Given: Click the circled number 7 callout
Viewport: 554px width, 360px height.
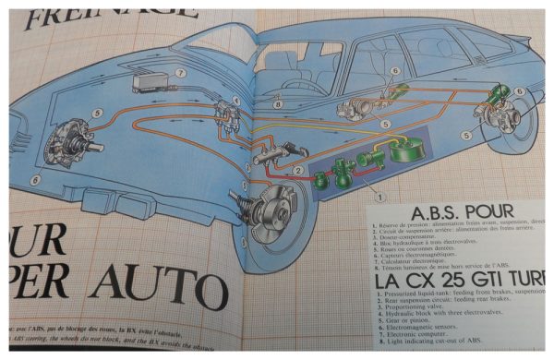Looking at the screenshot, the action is click(x=181, y=71).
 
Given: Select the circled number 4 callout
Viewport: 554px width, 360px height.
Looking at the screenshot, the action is click(x=235, y=102).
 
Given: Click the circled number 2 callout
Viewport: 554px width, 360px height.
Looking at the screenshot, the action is click(x=297, y=171).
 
